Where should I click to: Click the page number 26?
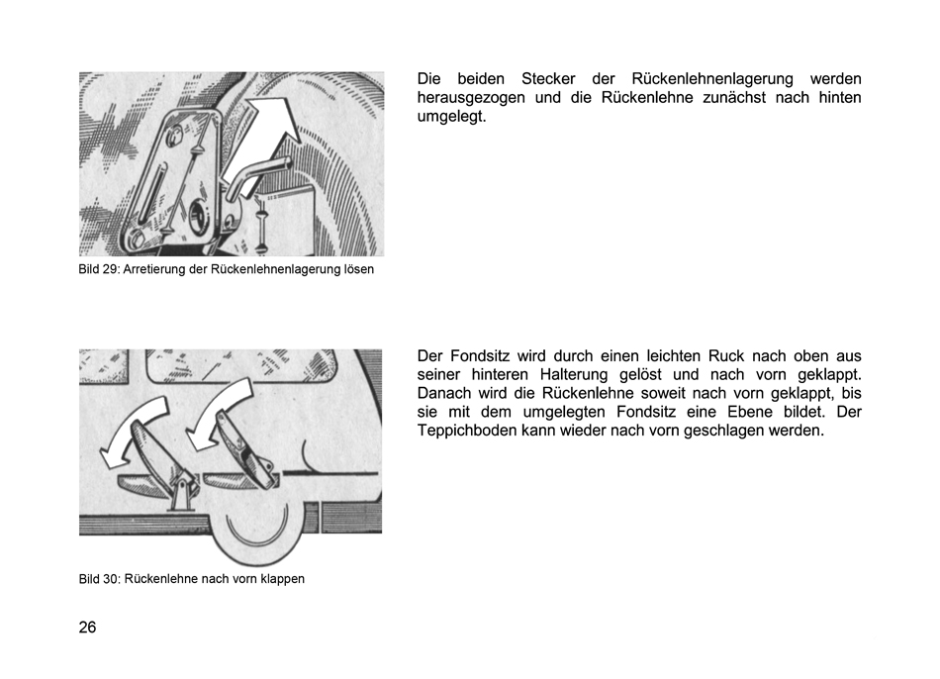[87, 627]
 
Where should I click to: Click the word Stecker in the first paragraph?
[548, 78]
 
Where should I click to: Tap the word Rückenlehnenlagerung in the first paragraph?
[712, 79]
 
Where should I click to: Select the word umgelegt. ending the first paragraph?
[451, 117]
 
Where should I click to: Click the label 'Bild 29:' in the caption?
[99, 269]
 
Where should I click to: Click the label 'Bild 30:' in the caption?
[100, 579]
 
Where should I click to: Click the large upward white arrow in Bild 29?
[264, 137]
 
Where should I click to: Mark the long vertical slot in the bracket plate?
[149, 196]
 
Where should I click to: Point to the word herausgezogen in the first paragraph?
[471, 98]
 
